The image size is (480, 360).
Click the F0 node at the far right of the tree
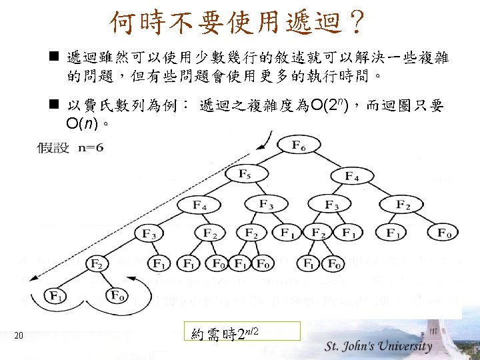(444, 233)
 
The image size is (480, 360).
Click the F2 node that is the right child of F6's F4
(403, 203)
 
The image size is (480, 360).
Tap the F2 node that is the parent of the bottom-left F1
(98, 263)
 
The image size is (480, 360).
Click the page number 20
(19, 335)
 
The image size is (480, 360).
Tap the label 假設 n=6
(70, 148)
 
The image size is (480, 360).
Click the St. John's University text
(378, 346)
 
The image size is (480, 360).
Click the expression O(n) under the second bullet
(83, 124)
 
